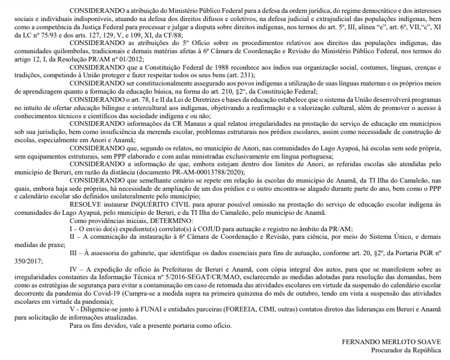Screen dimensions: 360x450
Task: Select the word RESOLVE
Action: (87, 204)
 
